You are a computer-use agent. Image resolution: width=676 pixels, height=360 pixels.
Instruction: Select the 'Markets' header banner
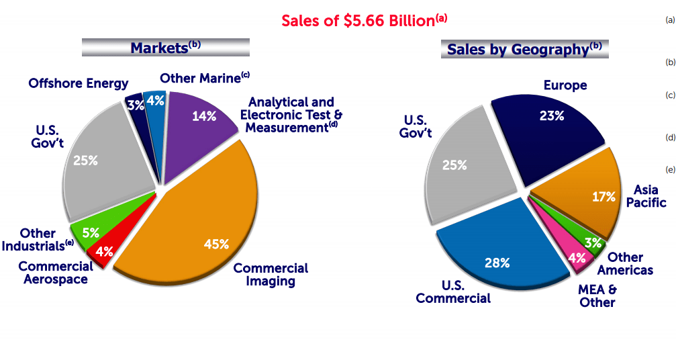(x=165, y=48)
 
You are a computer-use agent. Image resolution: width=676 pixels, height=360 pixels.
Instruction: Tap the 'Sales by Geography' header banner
(x=524, y=49)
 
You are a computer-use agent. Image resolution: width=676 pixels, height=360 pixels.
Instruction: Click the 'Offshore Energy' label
(x=79, y=83)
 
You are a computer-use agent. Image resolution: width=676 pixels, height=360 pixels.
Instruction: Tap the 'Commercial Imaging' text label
(x=271, y=274)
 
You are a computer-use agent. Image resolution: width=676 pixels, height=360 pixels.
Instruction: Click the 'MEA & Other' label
(x=597, y=296)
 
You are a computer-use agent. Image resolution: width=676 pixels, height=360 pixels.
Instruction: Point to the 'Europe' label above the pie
(x=565, y=85)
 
